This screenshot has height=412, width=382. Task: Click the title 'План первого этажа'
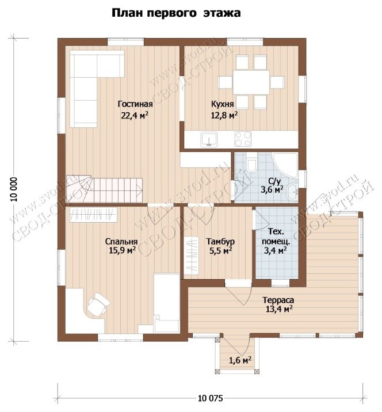point(176,13)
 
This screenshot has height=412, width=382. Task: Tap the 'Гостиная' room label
point(135,104)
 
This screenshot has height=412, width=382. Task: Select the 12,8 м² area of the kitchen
point(224,115)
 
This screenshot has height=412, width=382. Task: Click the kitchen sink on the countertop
point(209,139)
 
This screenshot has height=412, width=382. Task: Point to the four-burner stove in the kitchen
point(243,139)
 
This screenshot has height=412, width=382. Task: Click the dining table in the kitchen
point(251,82)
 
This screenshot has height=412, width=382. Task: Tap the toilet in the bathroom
point(251,163)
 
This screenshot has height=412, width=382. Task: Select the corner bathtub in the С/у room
point(285,165)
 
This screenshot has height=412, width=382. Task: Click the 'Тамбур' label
point(220,241)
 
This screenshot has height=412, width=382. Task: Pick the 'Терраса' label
point(278,300)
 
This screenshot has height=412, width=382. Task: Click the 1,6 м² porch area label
point(240,360)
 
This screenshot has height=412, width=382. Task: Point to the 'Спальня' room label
point(121,242)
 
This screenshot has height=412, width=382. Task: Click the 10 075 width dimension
point(210,398)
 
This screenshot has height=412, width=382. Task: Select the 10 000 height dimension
point(14,189)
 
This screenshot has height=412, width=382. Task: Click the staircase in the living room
point(104,189)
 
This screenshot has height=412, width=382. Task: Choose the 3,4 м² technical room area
point(275,250)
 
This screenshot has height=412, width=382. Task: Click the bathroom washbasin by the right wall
point(292,192)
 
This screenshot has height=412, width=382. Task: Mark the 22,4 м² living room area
point(135,115)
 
